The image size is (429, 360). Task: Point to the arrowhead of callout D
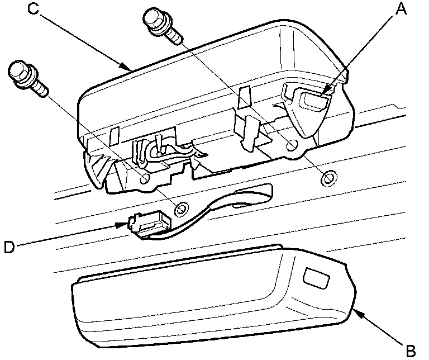click(x=120, y=225)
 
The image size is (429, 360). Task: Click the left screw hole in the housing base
click(x=144, y=179)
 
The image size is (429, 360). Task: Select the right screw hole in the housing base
click(x=291, y=146)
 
